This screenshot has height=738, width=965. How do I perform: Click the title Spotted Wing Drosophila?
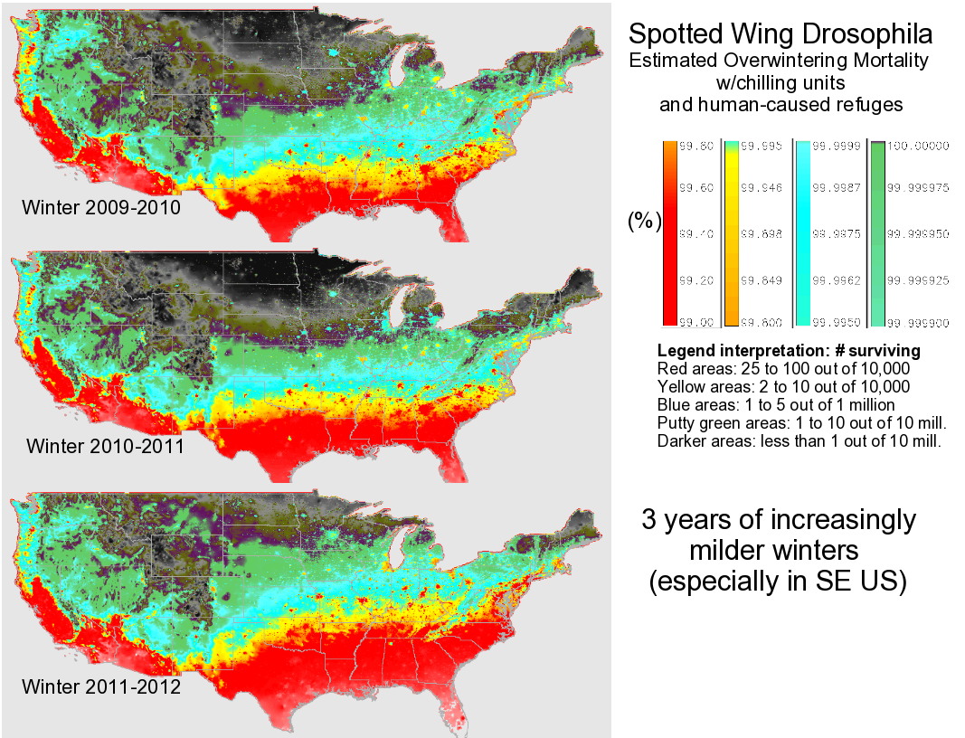coord(780,35)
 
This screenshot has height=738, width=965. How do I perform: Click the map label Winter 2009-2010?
coord(101,208)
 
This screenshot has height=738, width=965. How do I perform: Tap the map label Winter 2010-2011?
coord(106,446)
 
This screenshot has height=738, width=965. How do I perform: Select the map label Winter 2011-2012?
coord(101,686)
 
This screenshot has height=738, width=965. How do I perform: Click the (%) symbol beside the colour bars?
coord(644,222)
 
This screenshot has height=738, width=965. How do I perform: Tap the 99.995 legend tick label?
coord(759,145)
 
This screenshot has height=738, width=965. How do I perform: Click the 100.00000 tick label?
coord(918,145)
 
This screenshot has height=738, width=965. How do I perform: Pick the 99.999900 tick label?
coord(918,321)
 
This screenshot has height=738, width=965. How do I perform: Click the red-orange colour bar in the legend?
coord(669,232)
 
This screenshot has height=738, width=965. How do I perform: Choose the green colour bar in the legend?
coord(875,232)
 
